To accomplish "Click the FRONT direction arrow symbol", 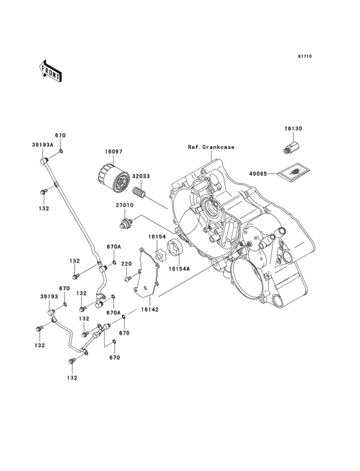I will (51, 70).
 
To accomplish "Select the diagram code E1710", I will (304, 57).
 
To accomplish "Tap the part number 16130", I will (293, 129).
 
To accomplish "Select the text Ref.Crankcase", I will (211, 147).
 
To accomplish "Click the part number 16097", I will (114, 152).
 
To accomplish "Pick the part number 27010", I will (124, 207).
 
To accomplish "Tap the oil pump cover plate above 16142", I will (150, 273).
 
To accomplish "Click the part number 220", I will (127, 264).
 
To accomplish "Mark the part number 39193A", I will (44, 145).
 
